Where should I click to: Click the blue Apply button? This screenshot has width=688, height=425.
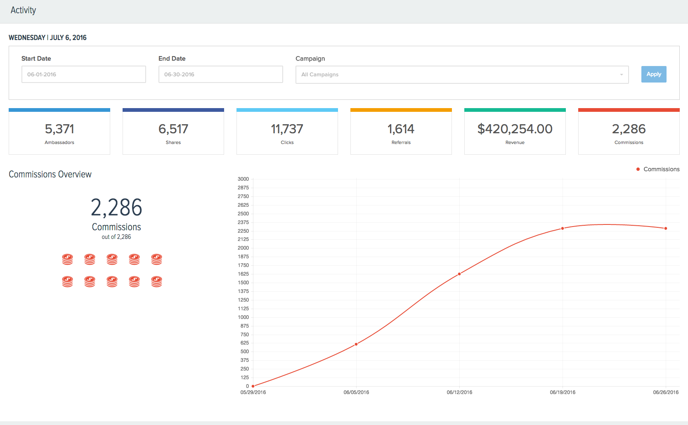653,74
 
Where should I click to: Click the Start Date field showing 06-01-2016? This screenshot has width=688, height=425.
83,74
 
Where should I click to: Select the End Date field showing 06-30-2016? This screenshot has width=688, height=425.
220,74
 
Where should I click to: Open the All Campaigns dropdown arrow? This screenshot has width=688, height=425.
621,75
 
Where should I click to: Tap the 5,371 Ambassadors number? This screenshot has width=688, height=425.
59,129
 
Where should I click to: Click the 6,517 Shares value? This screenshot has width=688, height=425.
173,129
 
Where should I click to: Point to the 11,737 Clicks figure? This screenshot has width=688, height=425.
287,129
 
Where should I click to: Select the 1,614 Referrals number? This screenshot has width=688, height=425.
401,129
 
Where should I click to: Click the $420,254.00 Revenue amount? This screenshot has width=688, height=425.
515,129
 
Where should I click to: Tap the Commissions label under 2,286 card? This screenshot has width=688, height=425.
629,142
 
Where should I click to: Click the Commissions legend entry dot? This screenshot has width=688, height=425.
638,169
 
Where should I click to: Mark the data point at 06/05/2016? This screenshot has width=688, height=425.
356,344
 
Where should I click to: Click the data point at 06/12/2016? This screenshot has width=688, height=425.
459,274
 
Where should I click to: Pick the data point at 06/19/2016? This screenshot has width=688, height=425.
563,228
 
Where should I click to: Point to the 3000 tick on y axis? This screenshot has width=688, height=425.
243,179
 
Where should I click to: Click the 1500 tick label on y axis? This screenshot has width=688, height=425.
243,283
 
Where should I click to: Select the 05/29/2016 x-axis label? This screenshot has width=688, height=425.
253,392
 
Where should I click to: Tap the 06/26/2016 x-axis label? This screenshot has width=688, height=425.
665,392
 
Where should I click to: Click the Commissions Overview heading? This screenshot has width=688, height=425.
50,174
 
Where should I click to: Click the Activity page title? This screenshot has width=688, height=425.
23,10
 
